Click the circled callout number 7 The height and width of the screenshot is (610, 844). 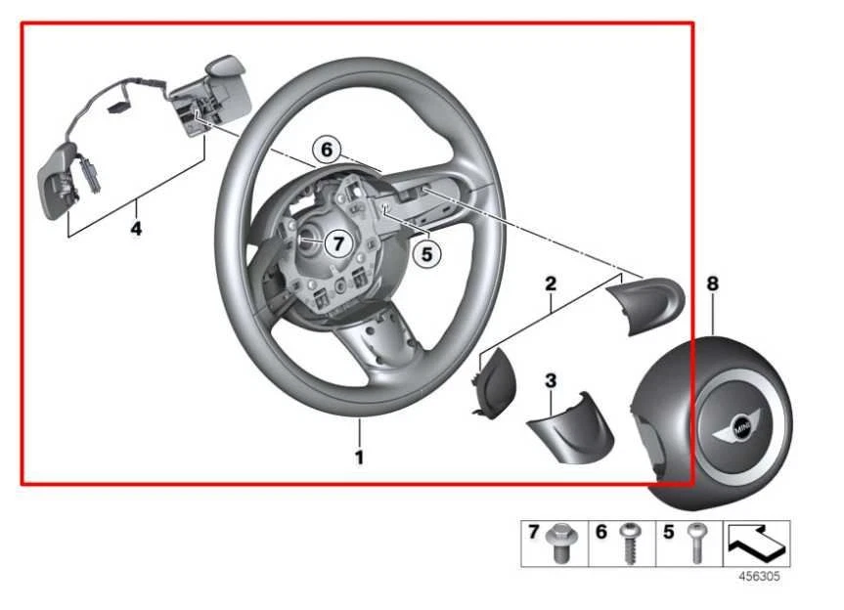pos(335,242)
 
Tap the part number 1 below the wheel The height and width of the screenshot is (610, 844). pos(360,457)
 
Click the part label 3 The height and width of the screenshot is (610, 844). pos(551,377)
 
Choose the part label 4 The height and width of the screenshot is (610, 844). pos(137,229)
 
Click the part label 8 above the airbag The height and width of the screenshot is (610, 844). pos(712,283)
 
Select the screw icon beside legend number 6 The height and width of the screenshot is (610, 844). pos(629,544)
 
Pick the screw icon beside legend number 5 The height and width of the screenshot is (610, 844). pos(696,542)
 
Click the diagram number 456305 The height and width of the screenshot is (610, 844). pos(758,577)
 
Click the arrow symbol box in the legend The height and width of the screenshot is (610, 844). pos(756,543)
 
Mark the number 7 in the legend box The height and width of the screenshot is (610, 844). pos(534,533)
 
